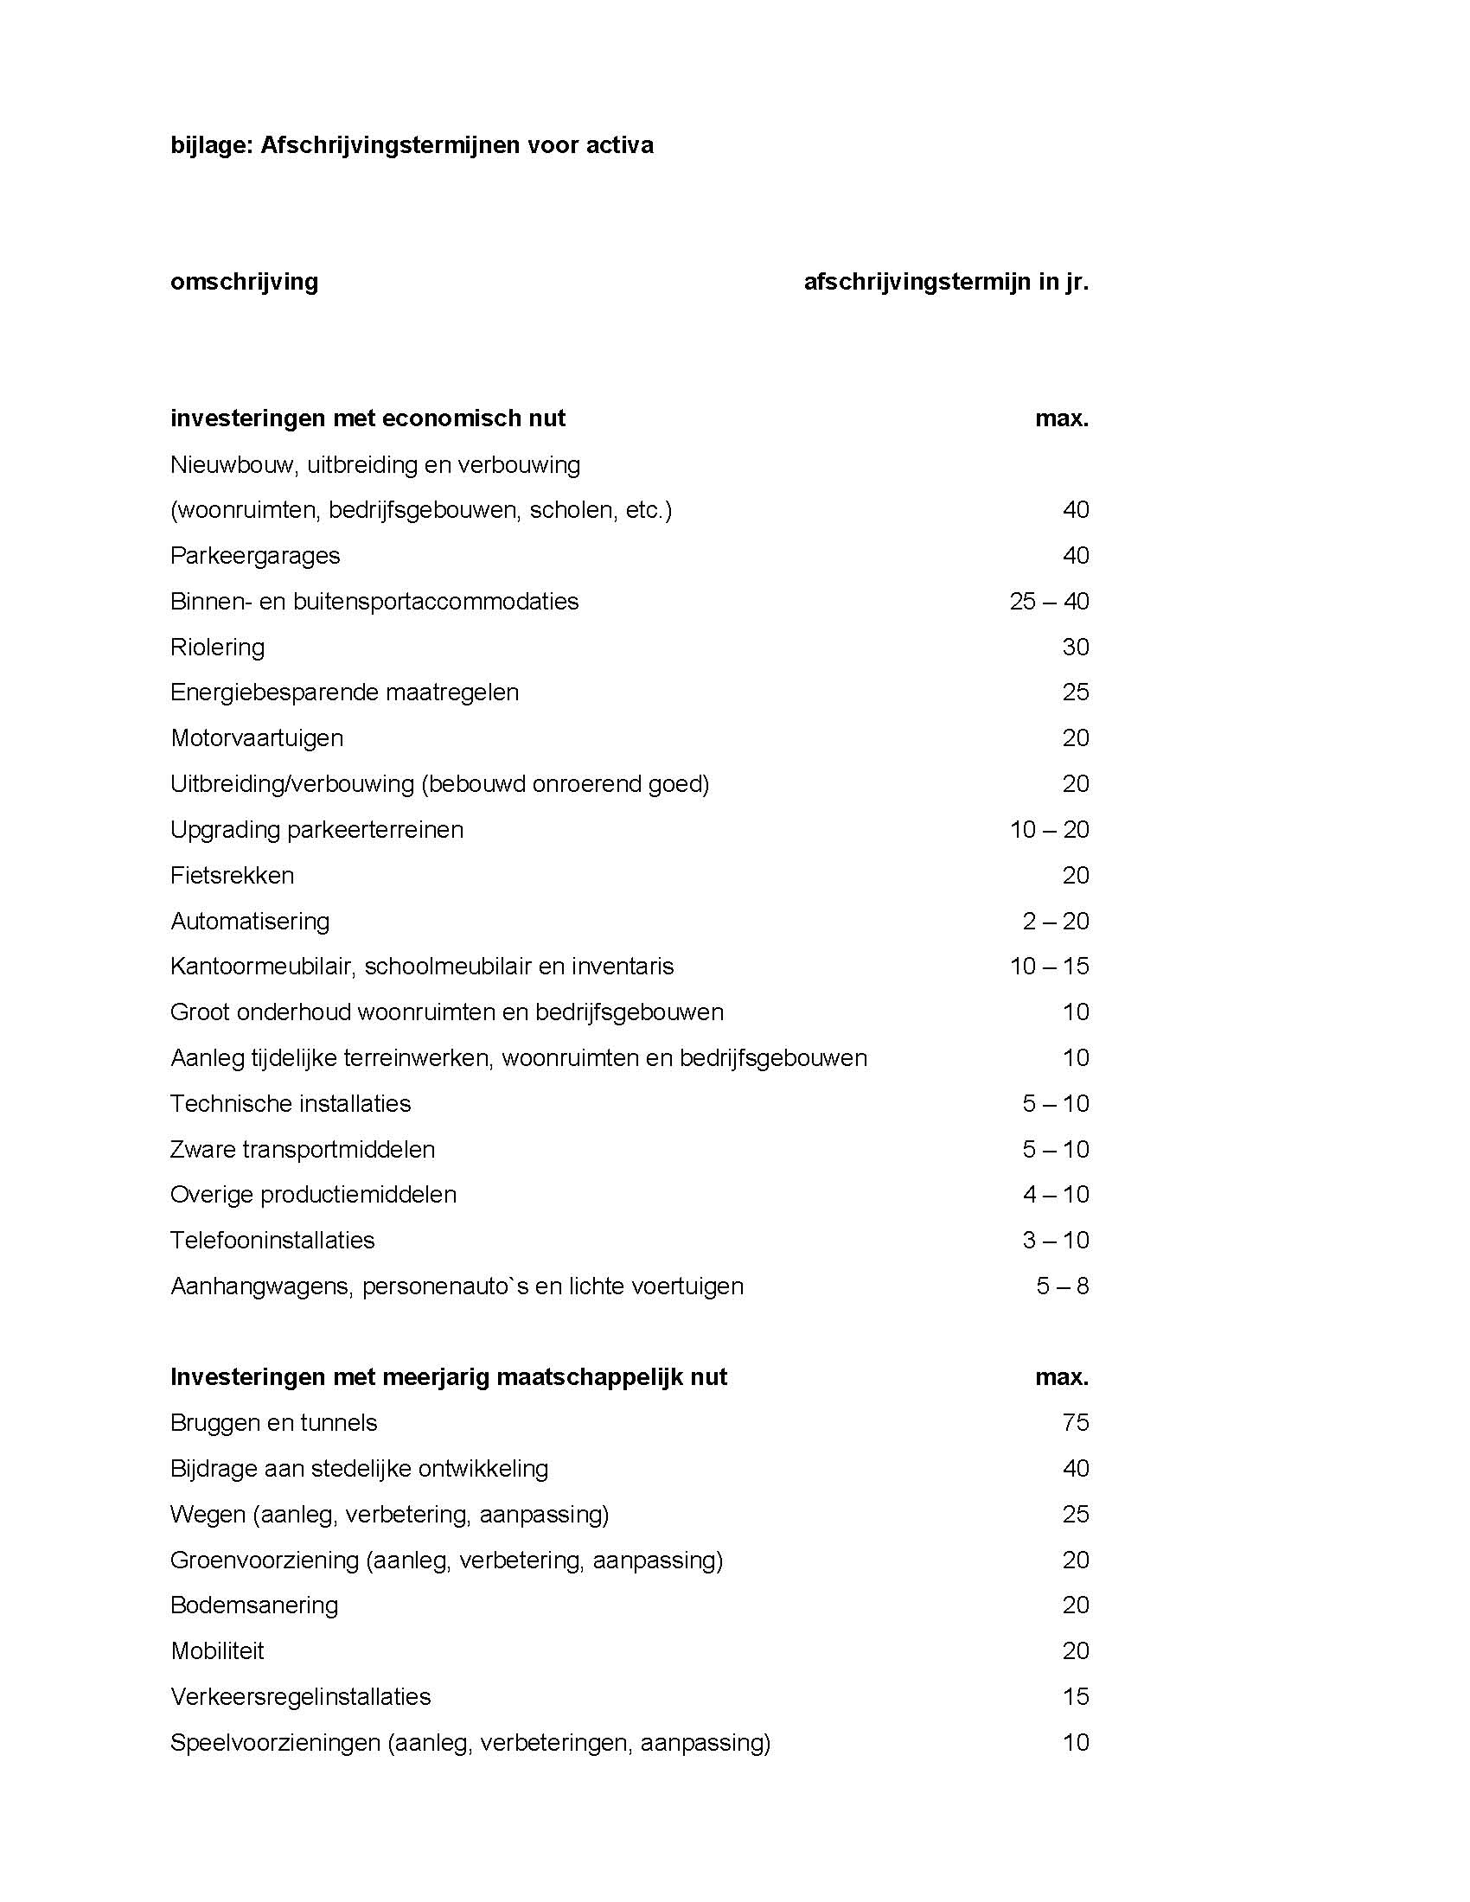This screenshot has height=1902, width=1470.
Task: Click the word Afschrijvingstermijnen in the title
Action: click(x=389, y=144)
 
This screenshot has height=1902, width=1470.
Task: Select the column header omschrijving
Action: click(x=245, y=282)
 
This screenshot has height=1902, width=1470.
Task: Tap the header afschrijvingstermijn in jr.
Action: click(x=946, y=282)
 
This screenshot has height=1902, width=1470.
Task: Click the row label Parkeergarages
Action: click(x=255, y=556)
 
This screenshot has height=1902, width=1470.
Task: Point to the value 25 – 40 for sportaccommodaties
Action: click(x=1049, y=602)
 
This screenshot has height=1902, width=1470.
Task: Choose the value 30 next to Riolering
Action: click(x=1076, y=647)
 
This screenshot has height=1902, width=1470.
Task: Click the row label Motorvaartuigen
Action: click(x=257, y=738)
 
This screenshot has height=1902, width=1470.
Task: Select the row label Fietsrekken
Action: click(x=233, y=875)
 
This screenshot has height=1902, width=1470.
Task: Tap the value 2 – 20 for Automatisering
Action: click(x=1056, y=922)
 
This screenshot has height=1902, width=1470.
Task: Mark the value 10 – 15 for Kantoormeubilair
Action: click(x=1049, y=967)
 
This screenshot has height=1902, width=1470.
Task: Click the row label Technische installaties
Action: click(x=291, y=1103)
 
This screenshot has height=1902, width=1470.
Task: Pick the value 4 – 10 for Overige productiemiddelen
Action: click(x=1056, y=1195)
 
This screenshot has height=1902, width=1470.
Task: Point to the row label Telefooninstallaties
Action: click(x=272, y=1240)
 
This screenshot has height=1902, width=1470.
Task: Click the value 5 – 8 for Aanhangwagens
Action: click(x=1063, y=1286)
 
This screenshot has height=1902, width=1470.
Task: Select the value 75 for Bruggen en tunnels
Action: click(x=1076, y=1423)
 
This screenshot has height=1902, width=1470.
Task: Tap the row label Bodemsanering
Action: click(x=254, y=1605)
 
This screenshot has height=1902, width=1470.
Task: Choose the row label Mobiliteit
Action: click(x=218, y=1651)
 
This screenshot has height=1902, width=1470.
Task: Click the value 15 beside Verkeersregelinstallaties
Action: click(x=1076, y=1696)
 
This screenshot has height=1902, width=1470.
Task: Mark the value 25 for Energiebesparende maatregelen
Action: click(x=1076, y=693)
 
